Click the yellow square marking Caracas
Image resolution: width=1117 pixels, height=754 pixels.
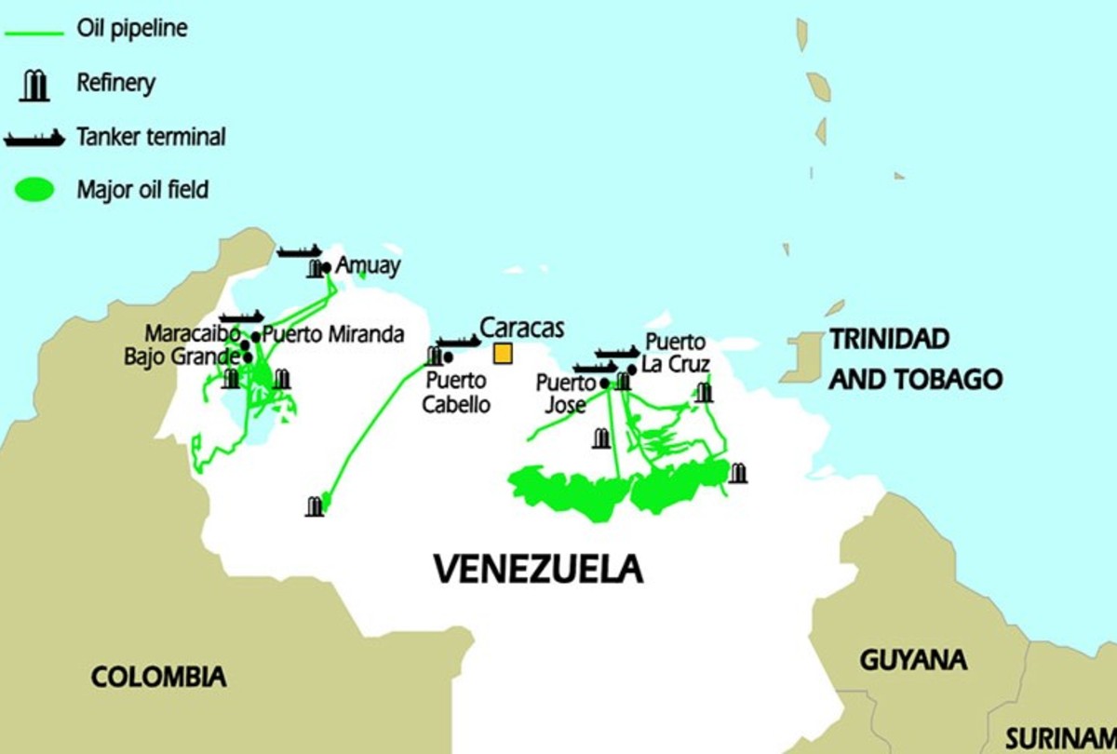(503, 354)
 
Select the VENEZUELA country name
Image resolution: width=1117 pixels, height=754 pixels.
(538, 568)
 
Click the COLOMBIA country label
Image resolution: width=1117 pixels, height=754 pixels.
(158, 677)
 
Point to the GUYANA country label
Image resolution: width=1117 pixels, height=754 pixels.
(912, 660)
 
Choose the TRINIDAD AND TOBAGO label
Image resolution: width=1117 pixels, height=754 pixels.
(915, 358)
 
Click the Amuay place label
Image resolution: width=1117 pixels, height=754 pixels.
(368, 265)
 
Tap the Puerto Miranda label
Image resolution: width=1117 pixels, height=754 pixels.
(333, 334)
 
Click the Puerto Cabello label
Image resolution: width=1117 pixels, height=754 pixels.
(455, 392)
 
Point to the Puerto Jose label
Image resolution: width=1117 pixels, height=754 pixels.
(565, 394)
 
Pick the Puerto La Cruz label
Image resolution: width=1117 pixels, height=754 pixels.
(676, 353)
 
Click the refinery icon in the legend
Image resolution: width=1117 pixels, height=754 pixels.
(35, 85)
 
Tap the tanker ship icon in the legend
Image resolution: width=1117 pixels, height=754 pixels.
(34, 138)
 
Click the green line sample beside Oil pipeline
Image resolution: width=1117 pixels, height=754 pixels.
(34, 32)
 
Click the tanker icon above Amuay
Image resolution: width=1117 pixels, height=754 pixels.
(300, 251)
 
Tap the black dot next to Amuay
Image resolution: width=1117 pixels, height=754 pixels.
(326, 268)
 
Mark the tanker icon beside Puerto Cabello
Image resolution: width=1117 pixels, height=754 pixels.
(458, 342)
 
